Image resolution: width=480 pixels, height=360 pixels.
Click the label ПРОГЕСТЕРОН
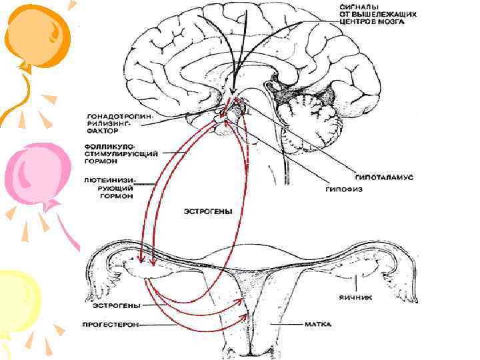(x=112, y=326)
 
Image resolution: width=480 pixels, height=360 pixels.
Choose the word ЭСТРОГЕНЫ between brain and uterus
(x=208, y=212)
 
